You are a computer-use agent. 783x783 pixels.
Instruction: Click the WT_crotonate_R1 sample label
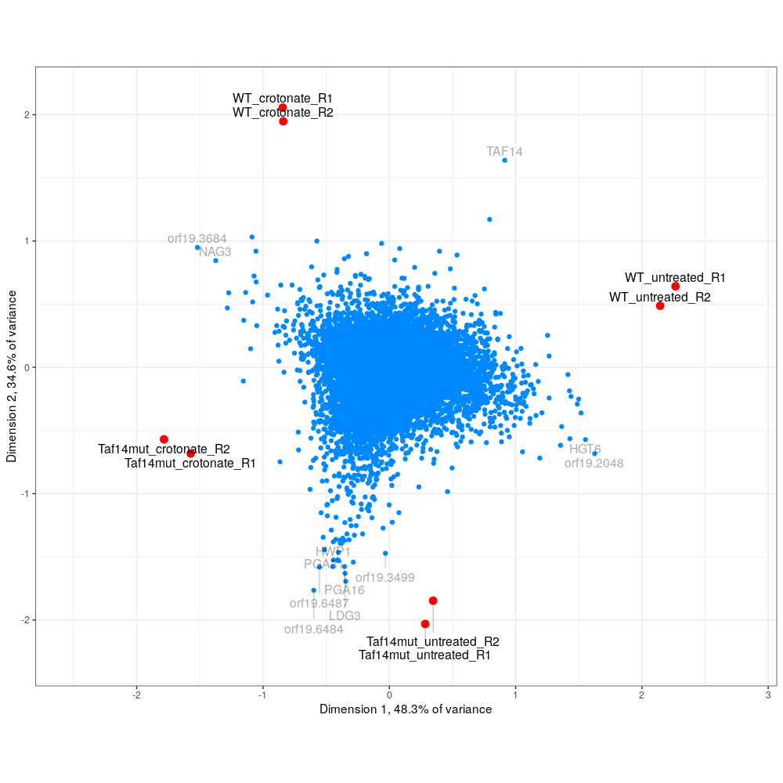point(283,99)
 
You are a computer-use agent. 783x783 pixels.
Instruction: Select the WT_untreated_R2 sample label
point(660,298)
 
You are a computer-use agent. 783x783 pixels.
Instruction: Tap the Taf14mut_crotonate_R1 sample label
point(190,464)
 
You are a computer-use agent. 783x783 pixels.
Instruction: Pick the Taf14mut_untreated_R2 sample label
point(433,642)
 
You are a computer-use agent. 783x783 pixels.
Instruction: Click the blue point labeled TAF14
point(505,161)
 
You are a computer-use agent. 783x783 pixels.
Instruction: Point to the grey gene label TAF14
point(504,152)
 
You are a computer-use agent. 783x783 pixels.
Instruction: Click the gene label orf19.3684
point(197,239)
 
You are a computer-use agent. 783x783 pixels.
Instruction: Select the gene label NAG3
point(215,252)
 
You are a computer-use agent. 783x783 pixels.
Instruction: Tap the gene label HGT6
point(585,449)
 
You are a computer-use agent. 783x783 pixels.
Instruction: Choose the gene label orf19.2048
point(594,464)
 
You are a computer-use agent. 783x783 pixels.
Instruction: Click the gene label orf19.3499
point(385,578)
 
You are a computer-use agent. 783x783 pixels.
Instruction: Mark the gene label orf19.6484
point(314,630)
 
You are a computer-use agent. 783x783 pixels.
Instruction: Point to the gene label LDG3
point(345,616)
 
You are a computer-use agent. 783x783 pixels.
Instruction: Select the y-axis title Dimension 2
point(13,376)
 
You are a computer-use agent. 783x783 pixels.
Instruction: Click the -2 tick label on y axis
point(23,620)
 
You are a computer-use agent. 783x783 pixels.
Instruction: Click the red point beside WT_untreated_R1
point(676,287)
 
